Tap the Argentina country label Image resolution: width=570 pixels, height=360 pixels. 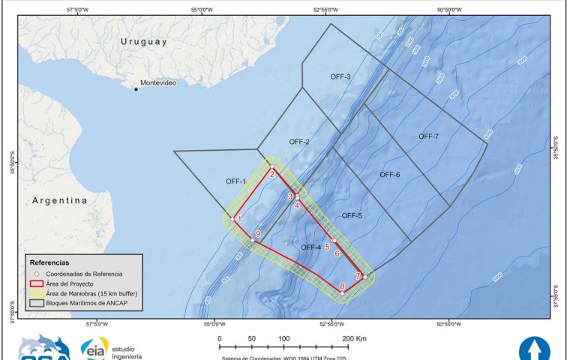click(59, 201)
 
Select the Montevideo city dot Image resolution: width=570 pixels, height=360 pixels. click(136, 89)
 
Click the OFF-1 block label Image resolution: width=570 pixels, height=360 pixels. click(236, 181)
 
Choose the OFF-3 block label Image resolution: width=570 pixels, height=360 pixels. click(340, 76)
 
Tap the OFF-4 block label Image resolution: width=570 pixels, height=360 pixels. click(310, 247)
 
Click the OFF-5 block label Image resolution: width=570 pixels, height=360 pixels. click(352, 216)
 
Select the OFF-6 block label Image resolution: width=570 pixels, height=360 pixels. click(390, 175)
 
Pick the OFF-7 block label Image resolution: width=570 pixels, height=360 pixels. click(428, 136)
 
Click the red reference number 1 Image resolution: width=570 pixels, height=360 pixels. click(240, 218)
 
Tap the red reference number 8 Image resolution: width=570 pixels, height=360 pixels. click(342, 286)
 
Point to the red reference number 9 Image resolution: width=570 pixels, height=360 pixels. click(258, 235)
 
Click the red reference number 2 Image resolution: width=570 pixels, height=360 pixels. click(272, 174)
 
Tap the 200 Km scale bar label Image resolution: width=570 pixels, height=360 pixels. click(352, 339)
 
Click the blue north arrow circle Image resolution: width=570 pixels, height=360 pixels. click(534, 349)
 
